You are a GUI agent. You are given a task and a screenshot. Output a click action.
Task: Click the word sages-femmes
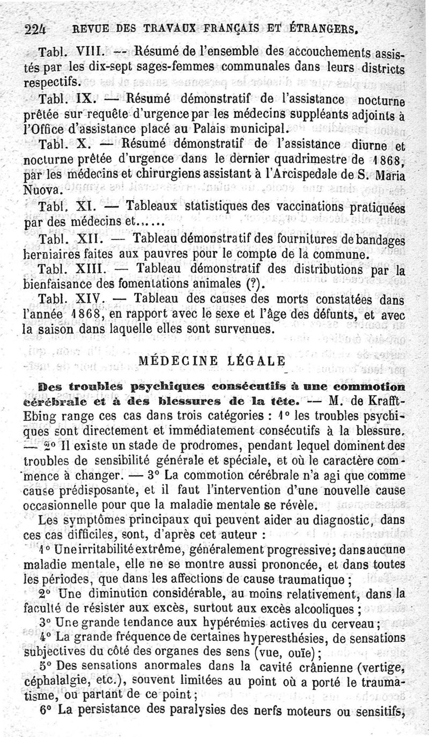(140, 68)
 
